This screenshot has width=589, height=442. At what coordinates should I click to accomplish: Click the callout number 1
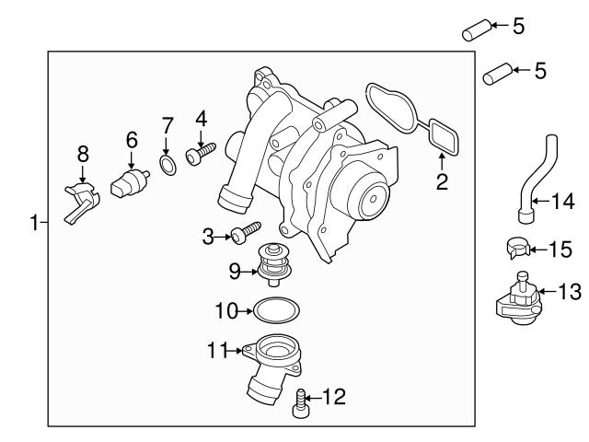[x=34, y=222]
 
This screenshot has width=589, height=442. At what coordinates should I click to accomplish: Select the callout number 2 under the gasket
[x=442, y=181]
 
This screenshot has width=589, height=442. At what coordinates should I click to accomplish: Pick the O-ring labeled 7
[x=167, y=166]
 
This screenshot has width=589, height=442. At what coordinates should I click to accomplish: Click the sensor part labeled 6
[x=125, y=183]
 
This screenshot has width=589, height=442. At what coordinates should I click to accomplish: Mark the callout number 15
[x=561, y=248]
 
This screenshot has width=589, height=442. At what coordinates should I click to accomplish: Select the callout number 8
[x=82, y=152]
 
